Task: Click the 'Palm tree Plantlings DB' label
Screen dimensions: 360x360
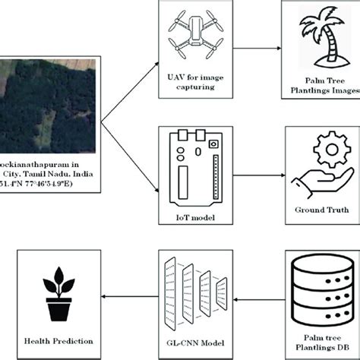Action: click(319, 338)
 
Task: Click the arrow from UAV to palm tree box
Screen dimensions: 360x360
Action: click(254, 44)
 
